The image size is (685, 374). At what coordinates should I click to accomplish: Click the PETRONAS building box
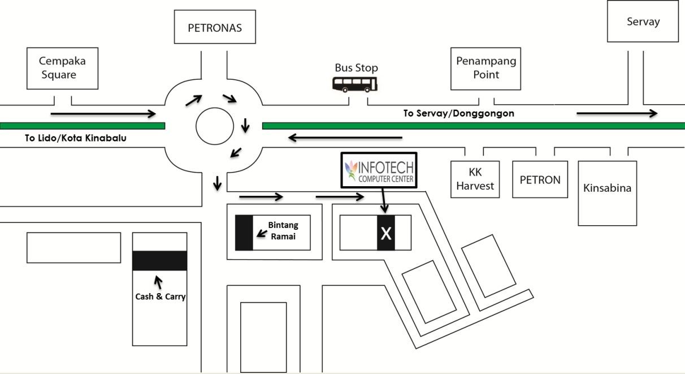pyautogui.click(x=215, y=27)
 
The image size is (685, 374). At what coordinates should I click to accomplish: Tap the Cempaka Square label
pyautogui.click(x=62, y=68)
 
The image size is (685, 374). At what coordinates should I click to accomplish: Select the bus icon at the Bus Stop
pyautogui.click(x=354, y=85)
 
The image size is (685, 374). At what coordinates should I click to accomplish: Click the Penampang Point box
pyautogui.click(x=485, y=68)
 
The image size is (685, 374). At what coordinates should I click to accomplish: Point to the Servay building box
pyautogui.click(x=643, y=22)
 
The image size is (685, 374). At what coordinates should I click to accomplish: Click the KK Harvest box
pyautogui.click(x=475, y=179)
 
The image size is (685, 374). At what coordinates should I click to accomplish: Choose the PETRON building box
pyautogui.click(x=540, y=180)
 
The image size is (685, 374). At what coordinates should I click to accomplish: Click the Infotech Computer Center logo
pyautogui.click(x=379, y=170)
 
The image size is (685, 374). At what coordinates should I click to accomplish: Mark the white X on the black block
pyautogui.click(x=386, y=233)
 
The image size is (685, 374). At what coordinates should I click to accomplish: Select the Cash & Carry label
pyautogui.click(x=161, y=296)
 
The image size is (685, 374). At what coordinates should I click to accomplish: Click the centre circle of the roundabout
pyautogui.click(x=215, y=126)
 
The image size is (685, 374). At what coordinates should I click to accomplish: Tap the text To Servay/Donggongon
pyautogui.click(x=458, y=113)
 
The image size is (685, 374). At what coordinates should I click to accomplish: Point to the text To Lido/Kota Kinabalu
pyautogui.click(x=75, y=137)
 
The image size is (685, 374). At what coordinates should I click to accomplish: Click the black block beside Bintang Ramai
pyautogui.click(x=244, y=233)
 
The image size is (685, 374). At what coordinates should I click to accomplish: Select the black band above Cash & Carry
pyautogui.click(x=159, y=260)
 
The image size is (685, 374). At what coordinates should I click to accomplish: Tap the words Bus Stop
pyautogui.click(x=356, y=68)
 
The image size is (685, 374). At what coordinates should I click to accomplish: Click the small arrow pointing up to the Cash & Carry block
pyautogui.click(x=159, y=281)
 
